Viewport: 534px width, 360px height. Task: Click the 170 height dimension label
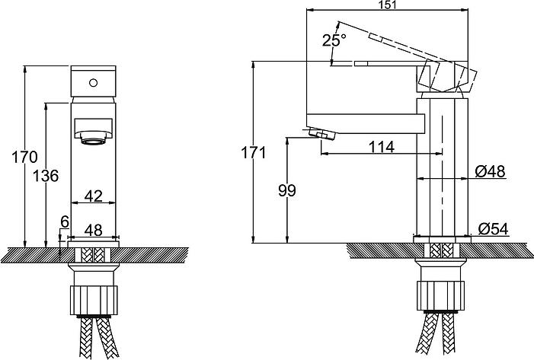(24, 158)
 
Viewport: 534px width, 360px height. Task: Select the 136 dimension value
(46, 176)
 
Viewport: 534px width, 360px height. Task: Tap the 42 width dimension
(93, 196)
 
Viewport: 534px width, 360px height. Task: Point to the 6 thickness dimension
(65, 221)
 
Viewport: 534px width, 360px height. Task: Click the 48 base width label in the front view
(93, 231)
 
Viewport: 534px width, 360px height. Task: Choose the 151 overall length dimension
(387, 5)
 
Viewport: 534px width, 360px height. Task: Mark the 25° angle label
(334, 40)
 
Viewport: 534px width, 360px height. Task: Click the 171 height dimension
(254, 152)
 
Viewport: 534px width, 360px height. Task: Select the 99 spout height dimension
(287, 190)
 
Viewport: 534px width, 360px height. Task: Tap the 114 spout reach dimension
(382, 147)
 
